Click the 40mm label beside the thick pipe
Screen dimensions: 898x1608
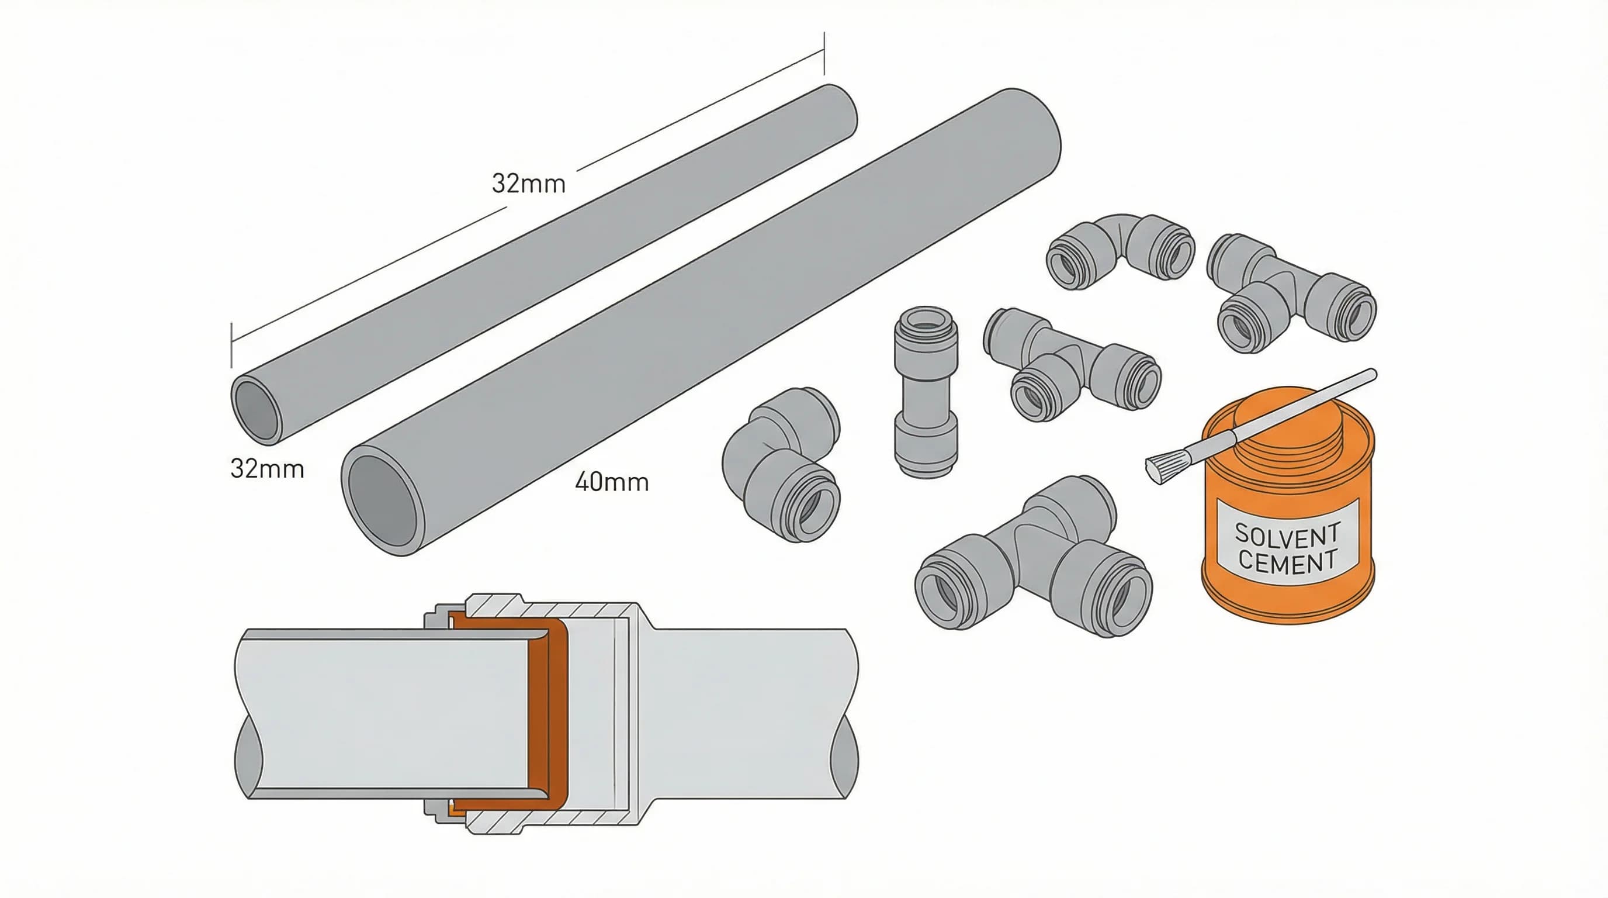[612, 482]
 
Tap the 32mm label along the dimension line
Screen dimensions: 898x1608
[528, 184]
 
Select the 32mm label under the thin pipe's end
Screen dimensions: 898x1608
[267, 468]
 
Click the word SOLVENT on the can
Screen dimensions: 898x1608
[1287, 534]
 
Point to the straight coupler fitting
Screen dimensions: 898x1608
[926, 392]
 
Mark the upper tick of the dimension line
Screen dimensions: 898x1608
[824, 54]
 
